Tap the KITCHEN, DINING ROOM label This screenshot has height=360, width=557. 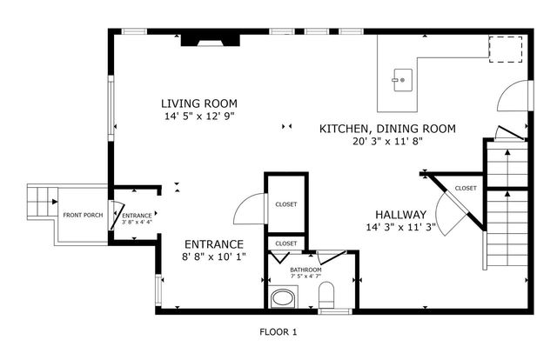[387, 129]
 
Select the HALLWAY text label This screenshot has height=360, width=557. [400, 215]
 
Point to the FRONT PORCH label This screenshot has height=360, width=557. [83, 216]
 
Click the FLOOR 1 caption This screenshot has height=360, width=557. [278, 331]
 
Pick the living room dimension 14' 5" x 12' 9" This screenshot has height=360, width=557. [198, 116]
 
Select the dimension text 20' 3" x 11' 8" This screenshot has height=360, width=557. [387, 142]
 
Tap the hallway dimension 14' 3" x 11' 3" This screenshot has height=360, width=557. [400, 228]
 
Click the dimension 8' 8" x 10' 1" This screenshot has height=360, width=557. [213, 257]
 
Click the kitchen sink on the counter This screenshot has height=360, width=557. [401, 80]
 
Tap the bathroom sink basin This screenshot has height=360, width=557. [283, 301]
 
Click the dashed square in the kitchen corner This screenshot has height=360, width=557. [501, 50]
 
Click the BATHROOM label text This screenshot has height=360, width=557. [305, 270]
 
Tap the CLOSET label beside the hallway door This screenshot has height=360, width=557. [466, 188]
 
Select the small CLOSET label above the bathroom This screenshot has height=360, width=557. [285, 243]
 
